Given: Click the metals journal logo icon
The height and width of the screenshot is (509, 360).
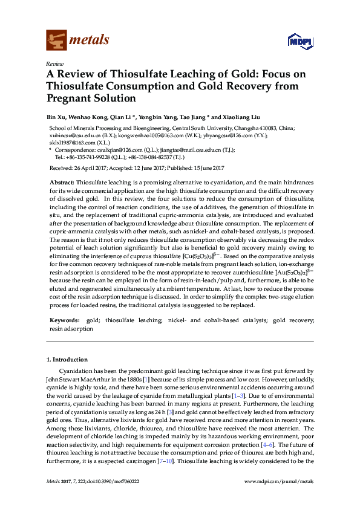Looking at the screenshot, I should [56, 40].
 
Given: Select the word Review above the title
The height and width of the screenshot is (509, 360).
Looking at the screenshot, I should [54, 63].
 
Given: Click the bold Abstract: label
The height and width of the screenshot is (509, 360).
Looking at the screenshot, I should [62, 182].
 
